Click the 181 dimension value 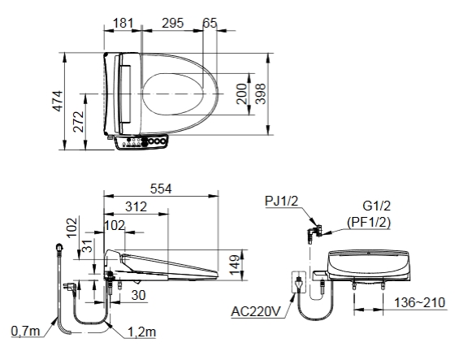point(123,23)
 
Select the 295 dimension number point(173,23)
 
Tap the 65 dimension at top point(210,23)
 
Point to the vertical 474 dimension point(58,101)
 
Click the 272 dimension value point(79,122)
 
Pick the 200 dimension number point(242,93)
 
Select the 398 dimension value point(260,93)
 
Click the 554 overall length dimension point(161,189)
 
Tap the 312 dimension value point(136,206)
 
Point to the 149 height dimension point(235,265)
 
